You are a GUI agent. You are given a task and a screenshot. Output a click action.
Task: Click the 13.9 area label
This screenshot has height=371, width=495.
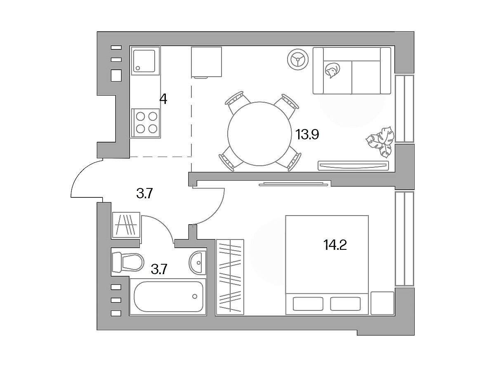point(307,134)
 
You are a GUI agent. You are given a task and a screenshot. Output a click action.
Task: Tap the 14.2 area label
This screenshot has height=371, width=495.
point(335,245)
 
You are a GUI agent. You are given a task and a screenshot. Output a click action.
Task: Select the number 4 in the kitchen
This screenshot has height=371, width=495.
point(163,99)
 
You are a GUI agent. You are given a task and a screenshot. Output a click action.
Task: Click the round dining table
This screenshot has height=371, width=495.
point(259,134)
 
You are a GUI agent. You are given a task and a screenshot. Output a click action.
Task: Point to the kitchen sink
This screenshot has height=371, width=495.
point(144,61)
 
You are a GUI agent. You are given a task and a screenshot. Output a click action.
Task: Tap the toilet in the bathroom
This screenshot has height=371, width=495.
point(128,263)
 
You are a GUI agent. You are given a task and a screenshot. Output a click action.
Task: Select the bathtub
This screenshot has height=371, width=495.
point(168,297)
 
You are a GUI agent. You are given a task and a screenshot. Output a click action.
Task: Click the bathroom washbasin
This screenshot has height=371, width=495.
point(198,263)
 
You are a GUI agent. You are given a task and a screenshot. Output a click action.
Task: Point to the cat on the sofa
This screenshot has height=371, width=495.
point(332,70)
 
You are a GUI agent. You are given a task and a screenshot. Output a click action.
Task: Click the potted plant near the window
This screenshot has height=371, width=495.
point(380,142)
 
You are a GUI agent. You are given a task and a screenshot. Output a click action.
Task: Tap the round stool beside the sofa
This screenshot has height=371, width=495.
point(298,59)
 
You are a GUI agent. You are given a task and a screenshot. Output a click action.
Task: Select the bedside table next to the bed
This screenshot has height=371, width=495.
point(382,303)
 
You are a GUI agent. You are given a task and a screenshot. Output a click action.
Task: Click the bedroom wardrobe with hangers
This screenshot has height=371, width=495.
point(230,277)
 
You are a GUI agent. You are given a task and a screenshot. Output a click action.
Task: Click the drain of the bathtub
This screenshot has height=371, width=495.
point(195,296)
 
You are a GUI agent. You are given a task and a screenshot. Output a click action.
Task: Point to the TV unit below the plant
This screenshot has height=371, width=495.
point(354,166)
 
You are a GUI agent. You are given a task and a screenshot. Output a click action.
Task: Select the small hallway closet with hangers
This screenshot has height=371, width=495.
point(126,225)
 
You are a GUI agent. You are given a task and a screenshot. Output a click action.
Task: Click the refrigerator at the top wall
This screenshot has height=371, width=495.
point(206,62)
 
